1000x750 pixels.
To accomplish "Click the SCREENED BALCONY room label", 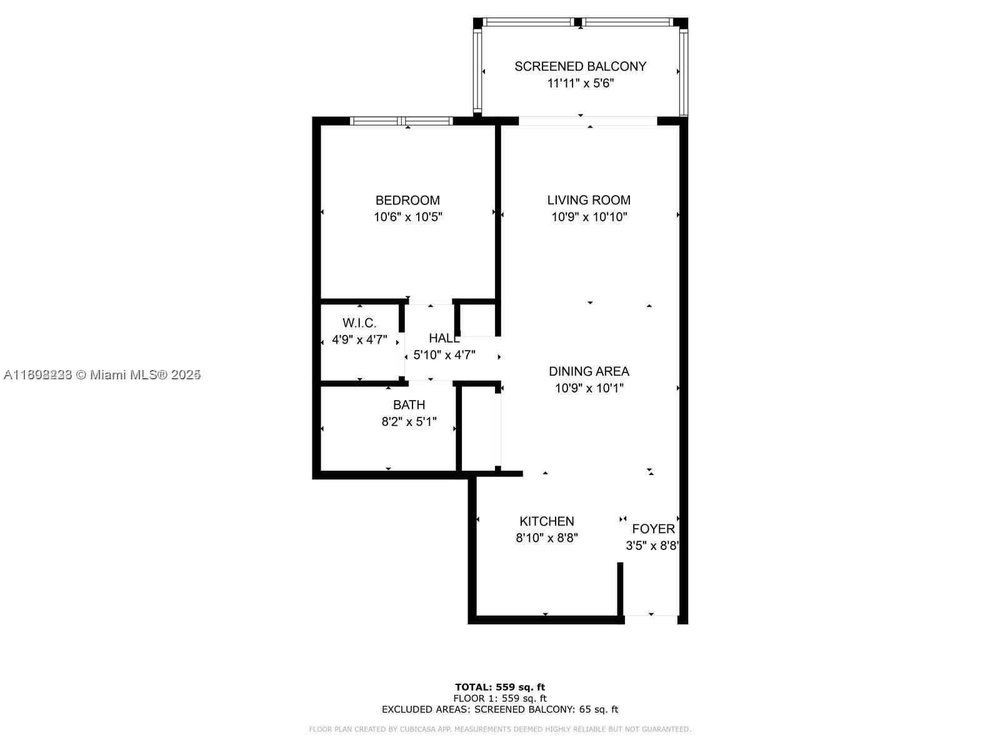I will (580, 66).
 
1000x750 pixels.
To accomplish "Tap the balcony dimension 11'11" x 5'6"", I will (580, 83).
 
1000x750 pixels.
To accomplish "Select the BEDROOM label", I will (407, 200).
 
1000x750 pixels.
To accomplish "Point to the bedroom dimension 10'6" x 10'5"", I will (407, 217).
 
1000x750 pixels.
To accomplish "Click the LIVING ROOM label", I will (589, 200).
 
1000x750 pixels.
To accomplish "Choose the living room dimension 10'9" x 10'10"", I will (589, 217).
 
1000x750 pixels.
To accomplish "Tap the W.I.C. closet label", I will (359, 323).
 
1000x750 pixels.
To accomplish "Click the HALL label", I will (444, 338).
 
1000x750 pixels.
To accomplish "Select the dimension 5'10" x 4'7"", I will (444, 355).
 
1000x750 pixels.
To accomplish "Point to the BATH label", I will (409, 405).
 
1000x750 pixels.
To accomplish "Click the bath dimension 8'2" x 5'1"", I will (409, 422).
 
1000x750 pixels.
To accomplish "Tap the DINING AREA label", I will (589, 371).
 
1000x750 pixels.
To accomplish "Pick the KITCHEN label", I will (546, 521).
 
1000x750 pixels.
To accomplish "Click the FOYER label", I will (653, 529).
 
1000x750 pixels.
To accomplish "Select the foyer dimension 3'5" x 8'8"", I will (652, 546).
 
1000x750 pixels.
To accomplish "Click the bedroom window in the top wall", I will (401, 121).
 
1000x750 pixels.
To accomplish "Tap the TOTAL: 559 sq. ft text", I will (499, 687).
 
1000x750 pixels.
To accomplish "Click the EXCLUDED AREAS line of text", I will (499, 709).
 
